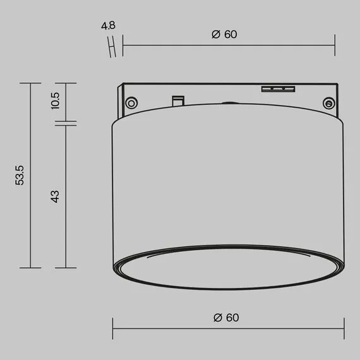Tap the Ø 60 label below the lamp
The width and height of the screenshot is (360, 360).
[x=227, y=318]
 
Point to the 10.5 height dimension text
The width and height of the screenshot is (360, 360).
[x=56, y=101]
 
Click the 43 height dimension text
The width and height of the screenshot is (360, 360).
[x=55, y=196]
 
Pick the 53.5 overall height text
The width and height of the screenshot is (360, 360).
[x=20, y=175]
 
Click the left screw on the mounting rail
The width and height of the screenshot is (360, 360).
[x=131, y=102]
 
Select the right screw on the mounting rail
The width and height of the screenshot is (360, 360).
[x=328, y=102]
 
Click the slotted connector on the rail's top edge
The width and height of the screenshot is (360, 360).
[x=278, y=88]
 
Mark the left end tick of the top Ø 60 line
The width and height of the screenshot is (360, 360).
[x=123, y=45]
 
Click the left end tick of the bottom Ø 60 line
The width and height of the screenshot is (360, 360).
[x=113, y=328]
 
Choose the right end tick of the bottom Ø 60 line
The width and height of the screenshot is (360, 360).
[x=344, y=328]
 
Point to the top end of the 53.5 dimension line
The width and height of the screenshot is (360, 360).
[x=30, y=83]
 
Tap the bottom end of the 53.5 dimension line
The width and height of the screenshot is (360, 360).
[x=30, y=267]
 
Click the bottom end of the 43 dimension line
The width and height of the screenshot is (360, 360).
[x=66, y=267]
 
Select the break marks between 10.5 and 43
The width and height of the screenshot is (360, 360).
[x=66, y=122]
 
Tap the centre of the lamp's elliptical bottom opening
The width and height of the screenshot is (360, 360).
[x=229, y=267]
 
